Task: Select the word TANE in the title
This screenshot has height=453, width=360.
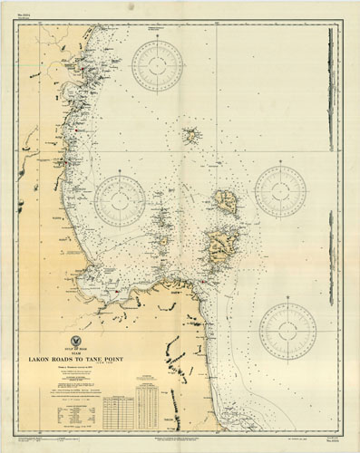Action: pos(116,358)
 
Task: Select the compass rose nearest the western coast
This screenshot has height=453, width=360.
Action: pos(120,199)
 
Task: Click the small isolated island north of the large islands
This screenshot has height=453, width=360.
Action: pos(191,137)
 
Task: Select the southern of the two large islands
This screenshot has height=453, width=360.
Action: pos(220,246)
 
